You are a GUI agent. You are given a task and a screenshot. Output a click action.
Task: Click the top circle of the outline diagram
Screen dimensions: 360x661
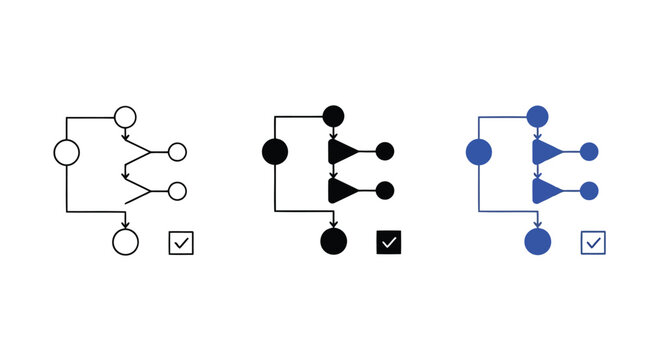coord(126,117)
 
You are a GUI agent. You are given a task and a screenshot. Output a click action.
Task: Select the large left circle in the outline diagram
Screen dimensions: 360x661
coord(66,152)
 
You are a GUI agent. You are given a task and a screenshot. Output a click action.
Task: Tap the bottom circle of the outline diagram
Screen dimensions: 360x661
coord(126,241)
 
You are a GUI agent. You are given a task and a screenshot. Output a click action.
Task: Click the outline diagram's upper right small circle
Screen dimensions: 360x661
coord(177,152)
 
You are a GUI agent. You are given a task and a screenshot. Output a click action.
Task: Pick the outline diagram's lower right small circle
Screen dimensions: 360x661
coord(177,190)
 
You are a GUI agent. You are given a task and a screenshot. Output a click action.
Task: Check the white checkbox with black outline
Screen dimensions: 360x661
coord(181,242)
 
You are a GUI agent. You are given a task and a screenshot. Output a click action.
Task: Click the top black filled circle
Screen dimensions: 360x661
coord(334,116)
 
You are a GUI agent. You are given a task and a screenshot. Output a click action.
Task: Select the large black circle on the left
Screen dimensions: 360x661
coord(274,152)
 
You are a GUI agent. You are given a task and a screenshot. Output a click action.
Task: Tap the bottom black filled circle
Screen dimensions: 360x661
coord(334,241)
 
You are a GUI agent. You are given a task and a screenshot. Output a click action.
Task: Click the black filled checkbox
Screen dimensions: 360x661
coord(389,242)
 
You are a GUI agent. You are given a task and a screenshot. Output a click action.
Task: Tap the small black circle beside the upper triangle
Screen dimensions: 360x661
coord(385,152)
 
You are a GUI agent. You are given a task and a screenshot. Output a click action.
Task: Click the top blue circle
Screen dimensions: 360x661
coord(538,116)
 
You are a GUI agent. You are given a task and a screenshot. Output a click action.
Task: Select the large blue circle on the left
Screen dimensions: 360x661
coord(479,152)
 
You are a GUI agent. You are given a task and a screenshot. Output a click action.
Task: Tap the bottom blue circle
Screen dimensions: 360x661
coord(538,241)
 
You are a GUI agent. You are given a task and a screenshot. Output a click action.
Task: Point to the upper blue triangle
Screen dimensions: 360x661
coord(546,152)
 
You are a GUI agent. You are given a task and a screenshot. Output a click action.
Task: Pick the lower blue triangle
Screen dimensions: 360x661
coord(546,190)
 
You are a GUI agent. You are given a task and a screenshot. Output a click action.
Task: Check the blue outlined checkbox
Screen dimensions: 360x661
coord(593,242)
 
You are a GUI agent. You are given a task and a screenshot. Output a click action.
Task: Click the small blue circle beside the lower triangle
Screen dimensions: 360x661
coord(589,190)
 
